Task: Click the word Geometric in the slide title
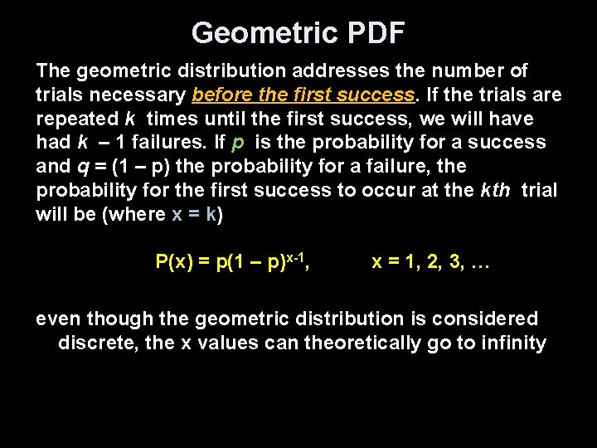253,33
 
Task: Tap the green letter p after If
238,143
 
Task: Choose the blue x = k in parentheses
196,214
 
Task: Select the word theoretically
363,343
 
